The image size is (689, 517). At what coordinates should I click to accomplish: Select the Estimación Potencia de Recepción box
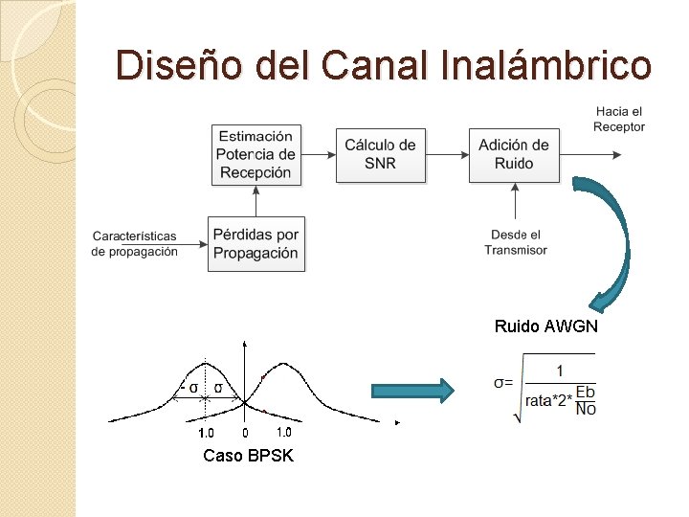point(256,154)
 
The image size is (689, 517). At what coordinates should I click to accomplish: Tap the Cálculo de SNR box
point(380,154)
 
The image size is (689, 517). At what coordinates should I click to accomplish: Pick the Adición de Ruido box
point(514,154)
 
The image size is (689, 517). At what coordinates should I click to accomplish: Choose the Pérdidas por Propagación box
point(256,244)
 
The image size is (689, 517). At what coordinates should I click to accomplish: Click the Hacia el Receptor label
point(619,120)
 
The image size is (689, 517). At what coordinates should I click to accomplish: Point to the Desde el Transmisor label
point(516,242)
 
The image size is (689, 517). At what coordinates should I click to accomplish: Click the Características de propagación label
point(135,243)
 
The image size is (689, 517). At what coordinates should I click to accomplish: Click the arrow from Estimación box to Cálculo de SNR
point(317,153)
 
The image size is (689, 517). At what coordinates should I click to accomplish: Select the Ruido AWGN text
point(546,326)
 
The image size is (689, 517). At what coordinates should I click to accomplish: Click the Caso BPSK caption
point(249,456)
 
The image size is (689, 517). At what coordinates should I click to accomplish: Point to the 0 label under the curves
point(245,433)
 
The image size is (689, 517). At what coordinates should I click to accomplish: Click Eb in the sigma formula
point(587,393)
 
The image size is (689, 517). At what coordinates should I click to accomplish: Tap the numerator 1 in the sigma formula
point(560,371)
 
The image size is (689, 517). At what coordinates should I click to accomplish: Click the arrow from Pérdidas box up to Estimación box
point(256,200)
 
